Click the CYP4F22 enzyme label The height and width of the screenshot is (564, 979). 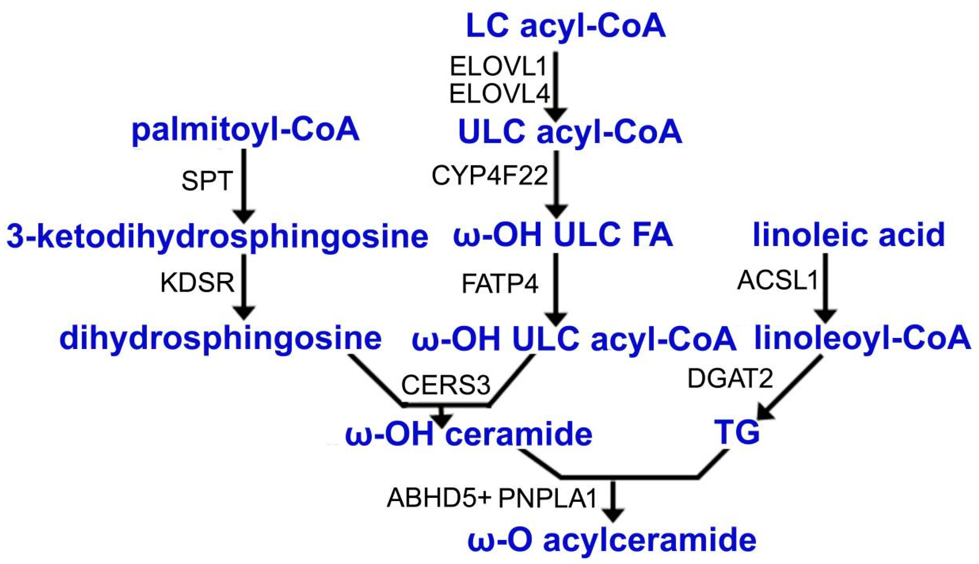(490, 176)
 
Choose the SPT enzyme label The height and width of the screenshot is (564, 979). (207, 181)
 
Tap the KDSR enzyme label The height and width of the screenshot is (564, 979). (197, 283)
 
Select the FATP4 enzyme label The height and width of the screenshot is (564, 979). (500, 284)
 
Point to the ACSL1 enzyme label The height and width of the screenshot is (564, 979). (777, 280)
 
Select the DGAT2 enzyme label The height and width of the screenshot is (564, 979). (730, 378)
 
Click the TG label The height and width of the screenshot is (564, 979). (737, 433)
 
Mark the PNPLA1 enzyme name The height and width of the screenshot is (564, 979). (548, 498)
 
